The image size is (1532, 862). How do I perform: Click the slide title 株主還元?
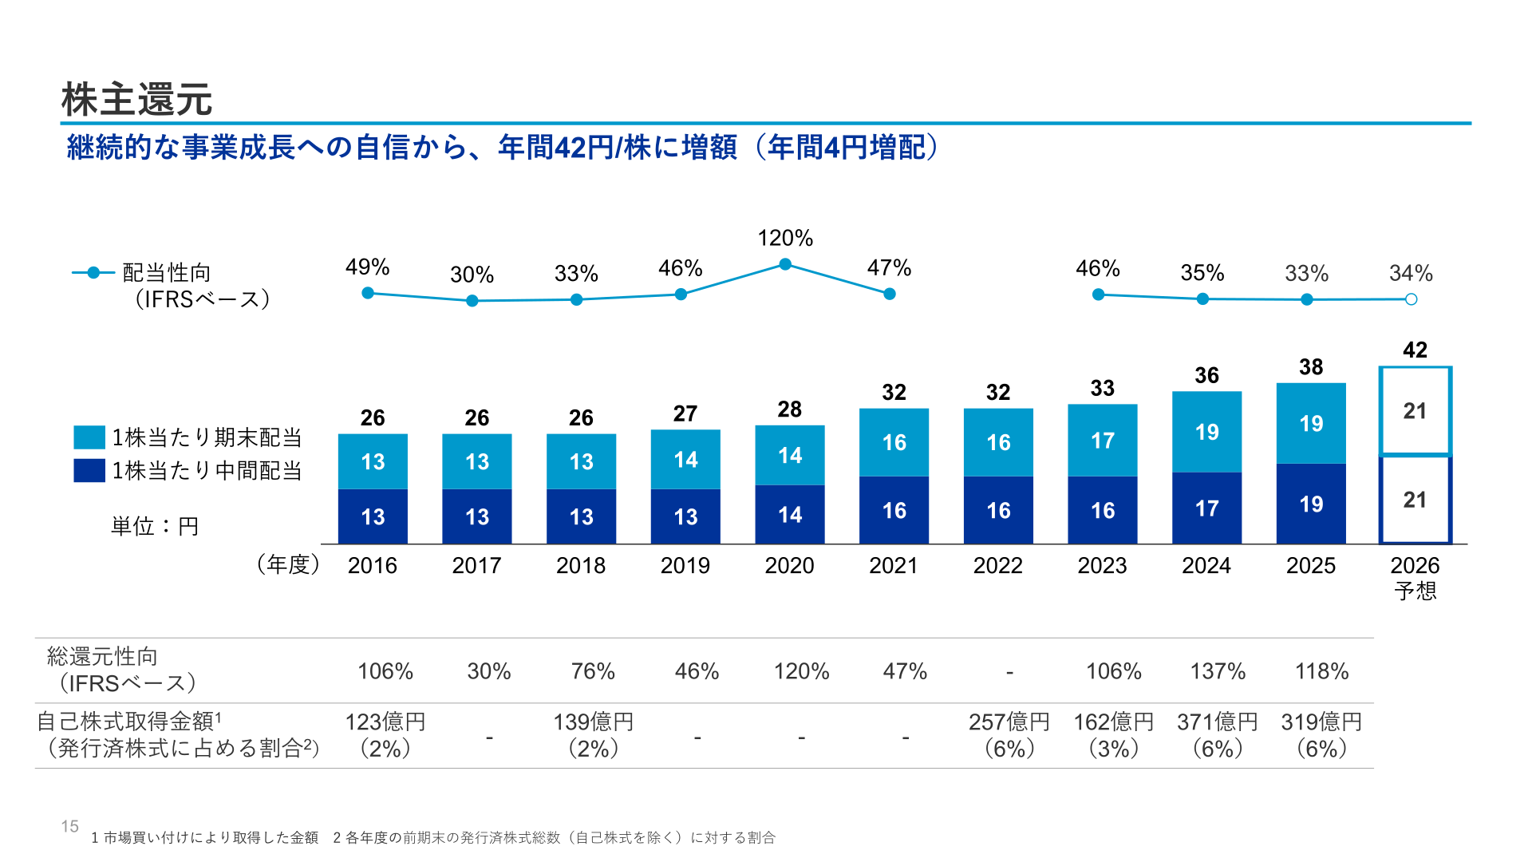(x=136, y=100)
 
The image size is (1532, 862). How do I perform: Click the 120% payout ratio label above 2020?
(x=785, y=238)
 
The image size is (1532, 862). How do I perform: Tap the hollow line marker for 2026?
(x=1411, y=299)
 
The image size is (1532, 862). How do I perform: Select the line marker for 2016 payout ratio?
(x=368, y=293)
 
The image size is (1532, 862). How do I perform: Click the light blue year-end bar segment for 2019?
(x=685, y=459)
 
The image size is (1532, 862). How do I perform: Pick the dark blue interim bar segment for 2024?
(x=1206, y=508)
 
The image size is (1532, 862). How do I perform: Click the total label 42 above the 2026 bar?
(x=1415, y=350)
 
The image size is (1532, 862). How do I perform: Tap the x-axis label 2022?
(x=997, y=565)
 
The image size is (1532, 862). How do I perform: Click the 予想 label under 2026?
(x=1416, y=591)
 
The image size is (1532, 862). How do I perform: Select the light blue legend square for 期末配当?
(x=89, y=437)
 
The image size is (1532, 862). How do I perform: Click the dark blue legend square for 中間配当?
(x=89, y=470)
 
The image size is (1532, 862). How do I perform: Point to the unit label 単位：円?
(x=155, y=526)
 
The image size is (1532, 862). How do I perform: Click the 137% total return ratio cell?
(x=1218, y=671)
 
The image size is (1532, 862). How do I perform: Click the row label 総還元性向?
(x=102, y=656)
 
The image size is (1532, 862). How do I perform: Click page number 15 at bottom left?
(x=70, y=826)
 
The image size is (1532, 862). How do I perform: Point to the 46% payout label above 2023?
(x=1098, y=268)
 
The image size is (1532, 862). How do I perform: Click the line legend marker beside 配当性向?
(x=93, y=273)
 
